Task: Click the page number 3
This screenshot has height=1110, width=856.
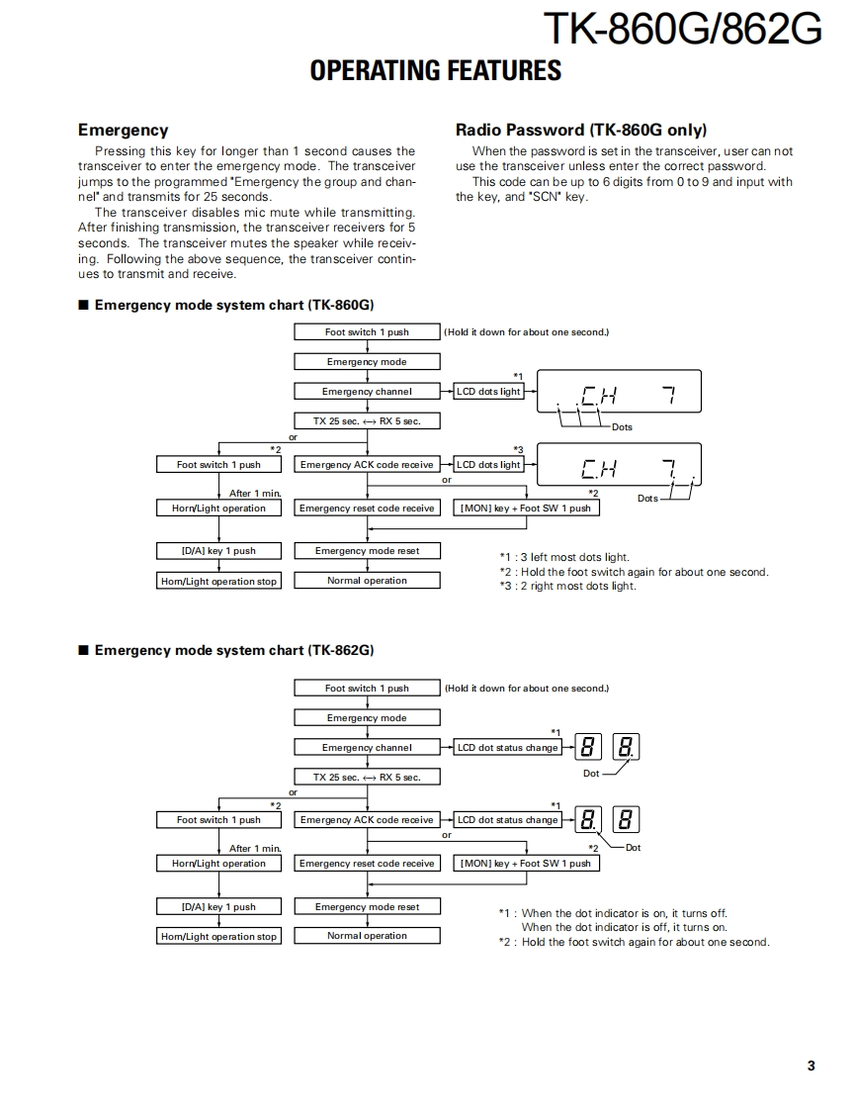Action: (811, 1065)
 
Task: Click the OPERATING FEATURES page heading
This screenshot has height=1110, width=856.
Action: (435, 70)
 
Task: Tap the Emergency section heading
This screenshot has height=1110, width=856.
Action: (123, 130)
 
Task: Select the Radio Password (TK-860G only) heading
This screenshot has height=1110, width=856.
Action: (580, 130)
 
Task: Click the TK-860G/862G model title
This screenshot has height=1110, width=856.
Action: (682, 30)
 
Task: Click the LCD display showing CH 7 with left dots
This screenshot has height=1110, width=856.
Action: (619, 393)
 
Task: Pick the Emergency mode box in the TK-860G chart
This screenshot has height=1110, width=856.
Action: (367, 362)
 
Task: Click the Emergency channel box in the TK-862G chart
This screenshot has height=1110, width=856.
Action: (367, 748)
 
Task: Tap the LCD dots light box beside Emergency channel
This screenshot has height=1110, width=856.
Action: (488, 392)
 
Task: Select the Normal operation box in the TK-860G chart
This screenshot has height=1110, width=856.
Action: (367, 581)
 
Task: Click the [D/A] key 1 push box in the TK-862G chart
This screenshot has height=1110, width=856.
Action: (218, 907)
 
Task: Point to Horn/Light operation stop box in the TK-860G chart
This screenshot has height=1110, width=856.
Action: (218, 582)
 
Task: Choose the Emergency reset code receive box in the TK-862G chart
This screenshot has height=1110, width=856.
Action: (367, 864)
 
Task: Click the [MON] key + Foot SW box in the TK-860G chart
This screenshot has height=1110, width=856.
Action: (525, 509)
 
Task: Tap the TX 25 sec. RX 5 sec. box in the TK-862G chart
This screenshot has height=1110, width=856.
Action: (367, 778)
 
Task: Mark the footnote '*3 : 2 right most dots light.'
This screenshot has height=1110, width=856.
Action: (567, 586)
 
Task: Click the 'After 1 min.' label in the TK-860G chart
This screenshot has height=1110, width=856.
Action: (255, 493)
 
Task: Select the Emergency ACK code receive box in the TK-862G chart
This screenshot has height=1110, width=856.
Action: (367, 820)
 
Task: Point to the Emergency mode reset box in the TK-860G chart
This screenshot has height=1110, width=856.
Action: (367, 551)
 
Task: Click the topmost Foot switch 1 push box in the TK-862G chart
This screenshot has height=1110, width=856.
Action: (367, 689)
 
